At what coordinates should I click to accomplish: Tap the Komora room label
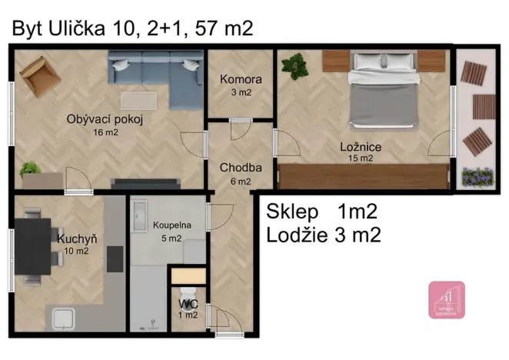241,79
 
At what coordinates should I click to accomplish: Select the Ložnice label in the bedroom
361,146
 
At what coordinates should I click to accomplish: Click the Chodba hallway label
241,168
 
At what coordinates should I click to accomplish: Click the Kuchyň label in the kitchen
76,238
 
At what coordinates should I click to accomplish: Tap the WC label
189,304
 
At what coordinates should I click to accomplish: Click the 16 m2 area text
105,132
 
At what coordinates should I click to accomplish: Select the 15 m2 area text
360,158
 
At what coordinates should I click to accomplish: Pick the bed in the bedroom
384,88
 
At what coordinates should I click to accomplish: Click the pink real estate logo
446,300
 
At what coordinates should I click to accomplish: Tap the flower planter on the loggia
477,177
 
